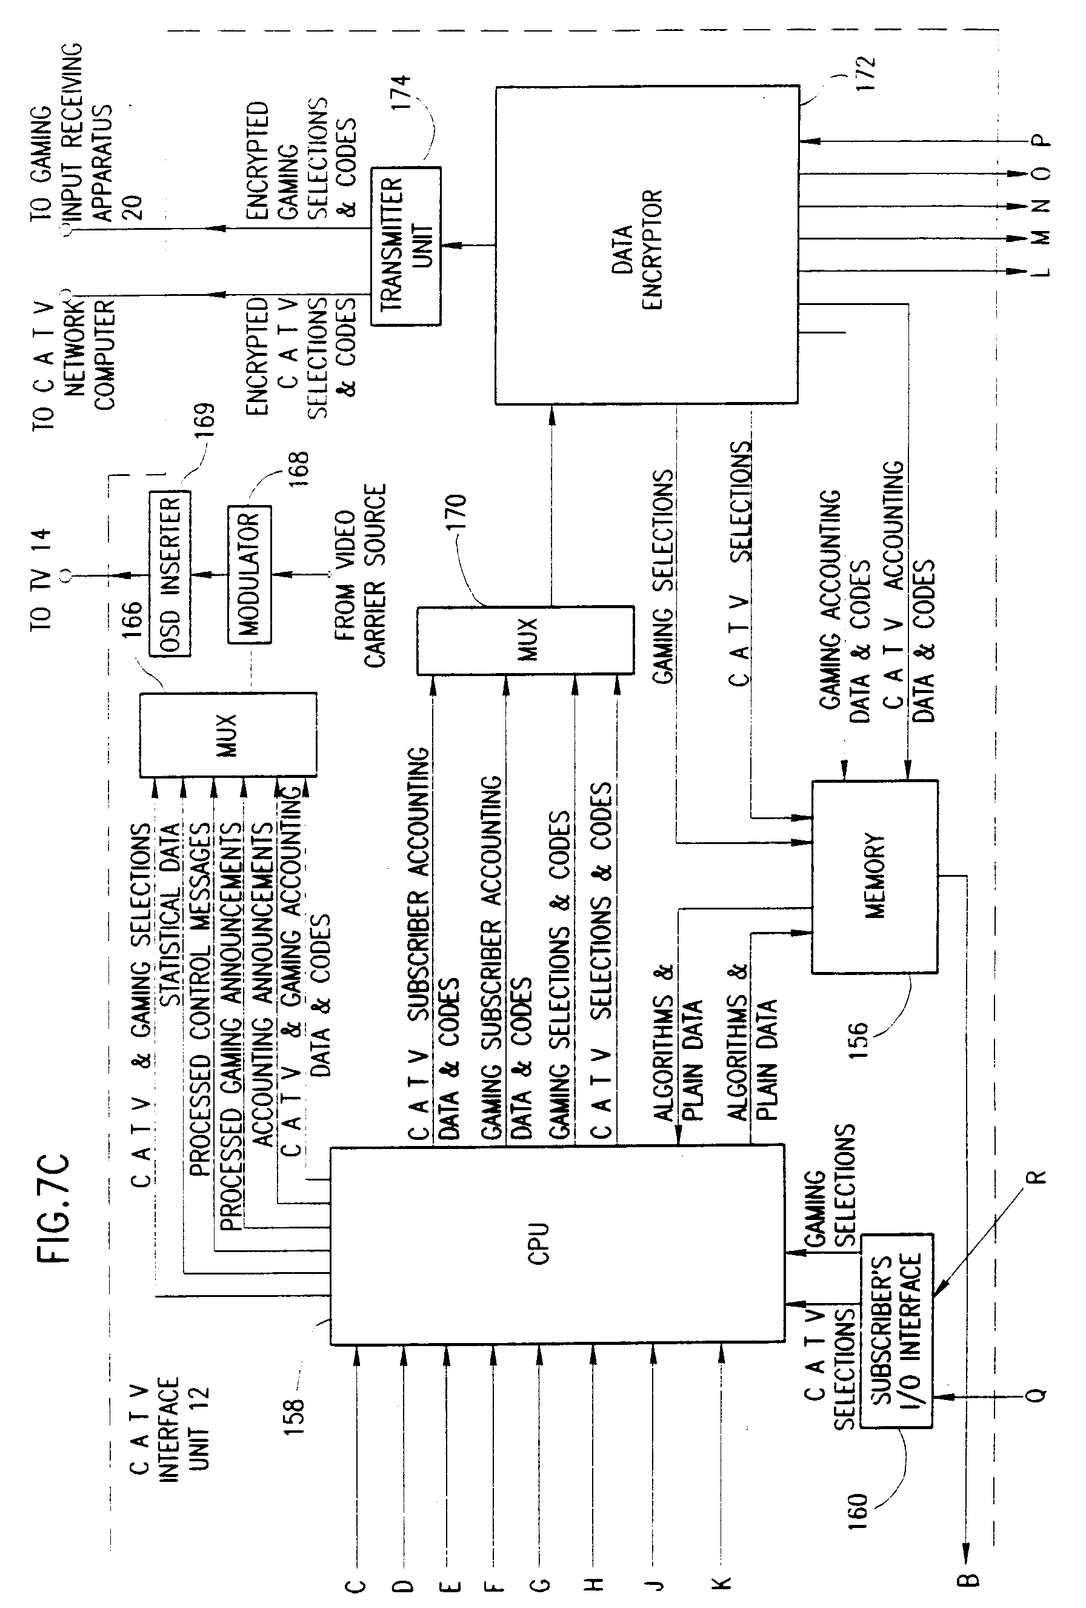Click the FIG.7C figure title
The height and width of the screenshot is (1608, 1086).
click(54, 1207)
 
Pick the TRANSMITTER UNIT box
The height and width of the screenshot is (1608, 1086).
click(405, 246)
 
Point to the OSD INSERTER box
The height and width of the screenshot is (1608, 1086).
click(170, 574)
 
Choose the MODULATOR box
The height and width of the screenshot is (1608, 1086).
click(249, 574)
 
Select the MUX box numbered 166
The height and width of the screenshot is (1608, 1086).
click(228, 734)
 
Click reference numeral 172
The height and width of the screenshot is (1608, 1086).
click(865, 73)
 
